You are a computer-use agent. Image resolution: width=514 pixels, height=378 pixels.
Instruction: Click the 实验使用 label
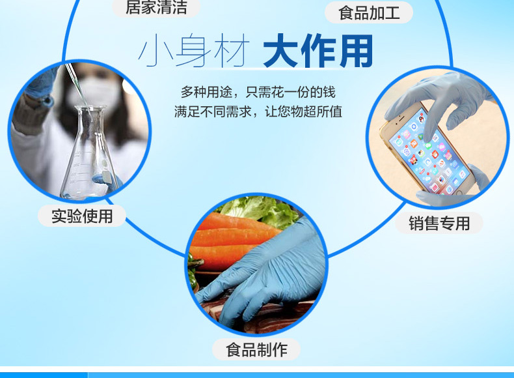click(82, 216)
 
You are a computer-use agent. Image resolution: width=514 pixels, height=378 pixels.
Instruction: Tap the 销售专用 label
click(439, 224)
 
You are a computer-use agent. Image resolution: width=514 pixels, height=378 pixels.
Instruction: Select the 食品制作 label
click(256, 349)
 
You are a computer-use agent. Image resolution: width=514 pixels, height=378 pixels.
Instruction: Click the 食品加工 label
click(369, 12)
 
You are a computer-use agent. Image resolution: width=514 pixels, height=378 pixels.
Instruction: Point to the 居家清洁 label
click(156, 7)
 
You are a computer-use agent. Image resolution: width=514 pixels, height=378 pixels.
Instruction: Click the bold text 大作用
click(318, 51)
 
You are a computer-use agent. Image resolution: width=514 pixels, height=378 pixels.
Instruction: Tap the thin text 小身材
click(194, 51)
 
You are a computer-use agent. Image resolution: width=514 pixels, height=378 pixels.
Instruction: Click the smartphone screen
click(427, 151)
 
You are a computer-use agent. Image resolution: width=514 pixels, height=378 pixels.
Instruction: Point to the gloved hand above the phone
click(439, 98)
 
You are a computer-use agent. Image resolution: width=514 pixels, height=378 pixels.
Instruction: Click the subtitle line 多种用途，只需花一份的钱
click(258, 93)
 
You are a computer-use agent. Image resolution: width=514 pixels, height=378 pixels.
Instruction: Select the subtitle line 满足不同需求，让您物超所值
click(258, 111)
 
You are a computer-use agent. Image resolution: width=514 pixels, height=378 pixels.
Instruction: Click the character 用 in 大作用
click(357, 51)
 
